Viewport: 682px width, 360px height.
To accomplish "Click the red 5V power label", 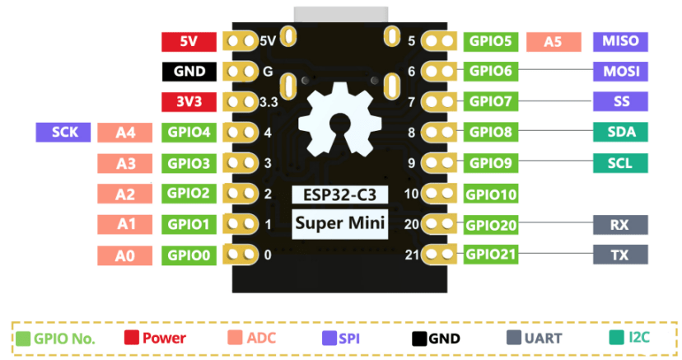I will (x=189, y=41).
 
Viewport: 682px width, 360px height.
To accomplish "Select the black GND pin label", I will (x=189, y=72).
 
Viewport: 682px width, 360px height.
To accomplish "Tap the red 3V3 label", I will (x=189, y=102).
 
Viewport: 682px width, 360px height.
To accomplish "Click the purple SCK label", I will (x=63, y=132).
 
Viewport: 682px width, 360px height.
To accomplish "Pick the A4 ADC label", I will (x=125, y=133).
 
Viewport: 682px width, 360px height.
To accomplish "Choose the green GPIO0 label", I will (x=189, y=255).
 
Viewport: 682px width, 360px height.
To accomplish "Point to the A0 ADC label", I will (x=125, y=255).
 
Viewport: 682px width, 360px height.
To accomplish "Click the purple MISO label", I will (x=620, y=41).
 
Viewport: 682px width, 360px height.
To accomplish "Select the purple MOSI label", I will (x=620, y=72).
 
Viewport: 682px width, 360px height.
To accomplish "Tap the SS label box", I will (x=620, y=102).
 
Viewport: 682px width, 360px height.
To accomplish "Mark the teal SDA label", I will (x=620, y=133).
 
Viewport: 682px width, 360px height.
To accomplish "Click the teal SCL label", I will (x=620, y=163).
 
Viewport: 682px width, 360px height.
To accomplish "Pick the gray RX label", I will (x=620, y=224).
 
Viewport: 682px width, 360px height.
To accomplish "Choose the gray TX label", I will (x=620, y=255).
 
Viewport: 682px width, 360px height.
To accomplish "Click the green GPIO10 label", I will (x=491, y=194).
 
